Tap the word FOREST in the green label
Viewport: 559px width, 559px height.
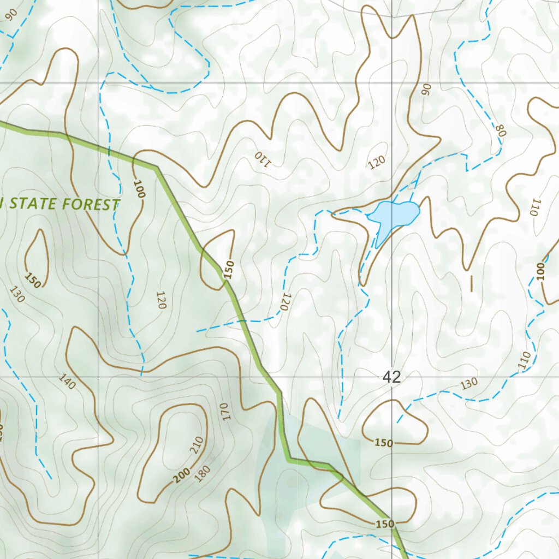pyautogui.click(x=91, y=205)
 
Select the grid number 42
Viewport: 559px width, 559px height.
pyautogui.click(x=391, y=376)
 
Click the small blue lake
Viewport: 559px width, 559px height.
pyautogui.click(x=394, y=214)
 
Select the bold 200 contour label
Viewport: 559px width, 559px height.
pyautogui.click(x=182, y=477)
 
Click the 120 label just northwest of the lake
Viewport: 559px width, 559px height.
pyautogui.click(x=376, y=162)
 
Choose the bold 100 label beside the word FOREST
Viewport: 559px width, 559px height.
pyautogui.click(x=139, y=189)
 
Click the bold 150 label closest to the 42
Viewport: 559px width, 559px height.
pyautogui.click(x=383, y=443)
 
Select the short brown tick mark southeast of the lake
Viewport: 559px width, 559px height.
pyautogui.click(x=471, y=283)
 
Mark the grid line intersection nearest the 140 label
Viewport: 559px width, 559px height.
pyautogui.click(x=99, y=377)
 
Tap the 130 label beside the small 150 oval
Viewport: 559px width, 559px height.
pyautogui.click(x=17, y=295)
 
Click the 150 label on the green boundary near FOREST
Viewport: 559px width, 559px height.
pyautogui.click(x=229, y=270)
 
